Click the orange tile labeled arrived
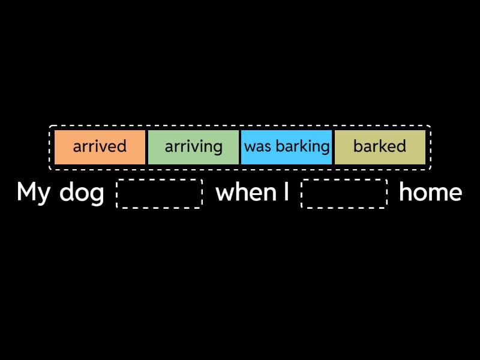coord(100,146)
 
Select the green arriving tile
coord(193,146)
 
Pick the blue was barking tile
coord(287,146)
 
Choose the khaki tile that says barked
coord(380,146)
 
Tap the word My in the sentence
coord(33,193)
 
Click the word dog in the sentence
coord(82,193)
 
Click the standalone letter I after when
coord(286,193)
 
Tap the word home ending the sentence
coord(430,193)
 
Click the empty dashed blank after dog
coord(160,193)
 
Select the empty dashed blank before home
coord(344,193)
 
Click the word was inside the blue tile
coord(257,147)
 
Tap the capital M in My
coord(26,193)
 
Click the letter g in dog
coord(97,195)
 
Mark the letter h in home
coord(405,192)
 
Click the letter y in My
coord(44,195)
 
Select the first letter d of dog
coord(66,193)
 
